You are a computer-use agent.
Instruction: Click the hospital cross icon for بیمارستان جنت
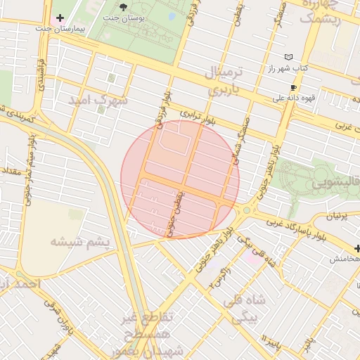pyautogui.click(x=60, y=17)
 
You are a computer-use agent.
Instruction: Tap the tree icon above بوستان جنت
pyautogui.click(x=124, y=6)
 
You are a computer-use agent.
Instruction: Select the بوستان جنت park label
pyautogui.click(x=124, y=17)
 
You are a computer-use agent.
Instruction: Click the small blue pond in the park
pyautogui.click(x=172, y=15)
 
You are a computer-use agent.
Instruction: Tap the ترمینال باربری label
pyautogui.click(x=227, y=81)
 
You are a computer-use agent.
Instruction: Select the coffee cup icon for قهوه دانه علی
pyautogui.click(x=293, y=87)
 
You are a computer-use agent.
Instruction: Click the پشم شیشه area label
pyautogui.click(x=80, y=242)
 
